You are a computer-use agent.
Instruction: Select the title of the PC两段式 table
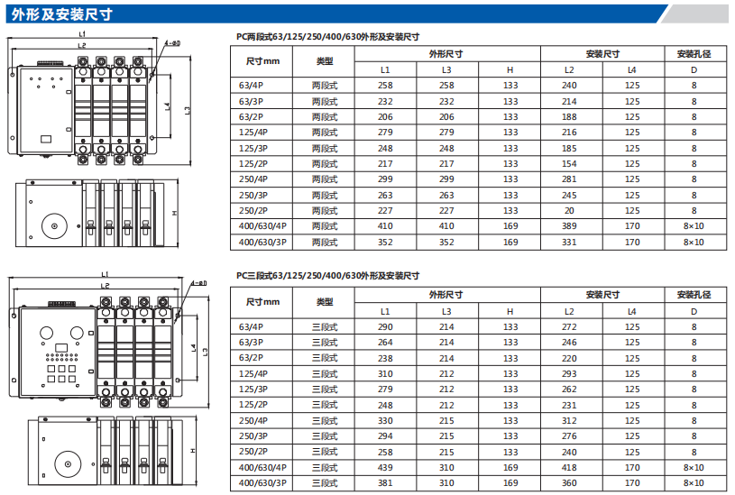(x=327, y=37)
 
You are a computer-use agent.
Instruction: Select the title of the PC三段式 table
(x=327, y=276)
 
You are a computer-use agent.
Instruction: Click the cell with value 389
(x=569, y=225)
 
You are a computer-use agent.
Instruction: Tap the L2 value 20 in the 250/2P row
(x=569, y=210)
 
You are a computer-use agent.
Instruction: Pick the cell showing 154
(x=569, y=163)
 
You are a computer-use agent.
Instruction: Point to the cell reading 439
(x=385, y=467)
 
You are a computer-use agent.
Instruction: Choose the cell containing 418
(x=569, y=467)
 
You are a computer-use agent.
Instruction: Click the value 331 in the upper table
(x=569, y=242)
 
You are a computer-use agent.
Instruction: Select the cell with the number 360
(x=569, y=482)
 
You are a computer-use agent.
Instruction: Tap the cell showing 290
(x=385, y=326)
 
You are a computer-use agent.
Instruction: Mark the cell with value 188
(x=569, y=116)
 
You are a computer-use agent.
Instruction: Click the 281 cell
(x=569, y=179)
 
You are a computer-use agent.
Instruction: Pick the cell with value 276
(x=569, y=435)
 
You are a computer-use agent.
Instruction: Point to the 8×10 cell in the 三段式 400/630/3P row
(x=694, y=482)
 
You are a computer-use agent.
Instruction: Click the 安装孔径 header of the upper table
(x=694, y=54)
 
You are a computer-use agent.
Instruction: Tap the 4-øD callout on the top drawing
(x=172, y=42)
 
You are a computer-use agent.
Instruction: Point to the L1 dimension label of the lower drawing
(x=106, y=274)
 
